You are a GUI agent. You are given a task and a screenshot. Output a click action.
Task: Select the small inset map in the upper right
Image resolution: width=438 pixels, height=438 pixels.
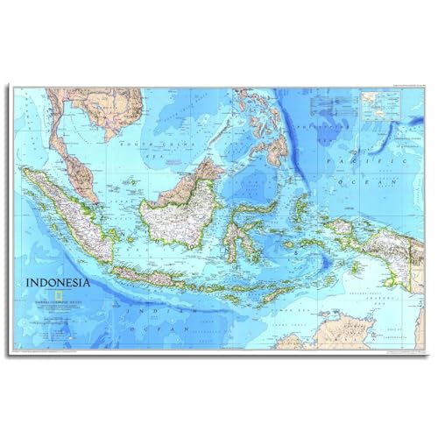pos(380,105)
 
